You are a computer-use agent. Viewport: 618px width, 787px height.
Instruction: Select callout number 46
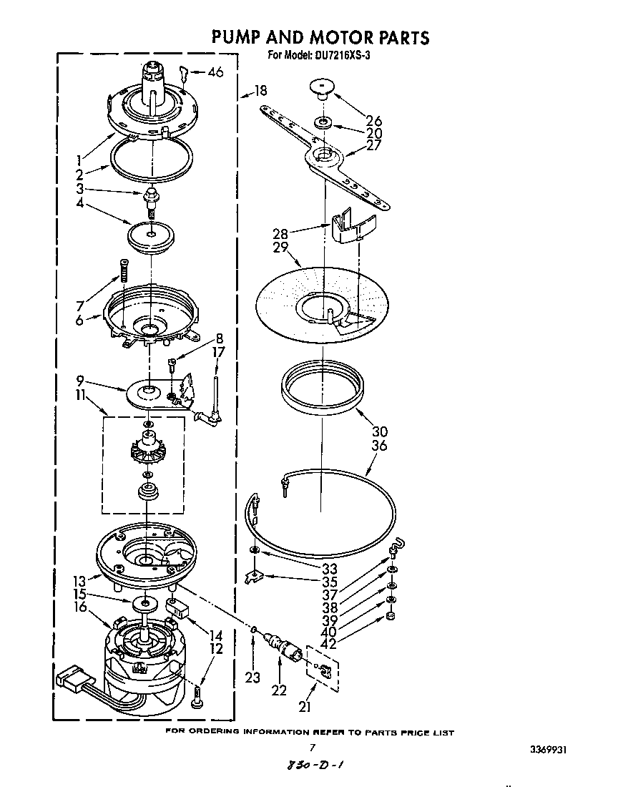click(215, 72)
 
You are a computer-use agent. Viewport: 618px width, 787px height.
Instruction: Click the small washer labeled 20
click(323, 123)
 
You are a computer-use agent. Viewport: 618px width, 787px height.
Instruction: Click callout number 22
click(279, 690)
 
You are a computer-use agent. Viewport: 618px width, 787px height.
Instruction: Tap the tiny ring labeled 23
click(254, 630)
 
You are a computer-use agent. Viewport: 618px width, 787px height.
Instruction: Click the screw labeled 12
click(197, 695)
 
